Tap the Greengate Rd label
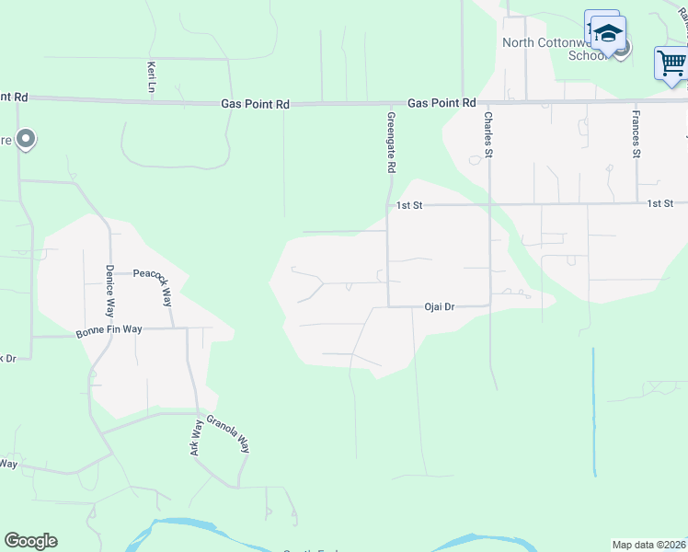391,144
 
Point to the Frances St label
636,134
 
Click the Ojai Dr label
440,306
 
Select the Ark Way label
196,439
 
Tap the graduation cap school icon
607,33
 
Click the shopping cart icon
672,63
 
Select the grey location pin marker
26,140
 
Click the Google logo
30,541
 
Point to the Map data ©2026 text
648,545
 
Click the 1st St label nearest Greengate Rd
408,205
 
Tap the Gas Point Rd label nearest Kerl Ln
255,105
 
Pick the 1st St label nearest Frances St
659,203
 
